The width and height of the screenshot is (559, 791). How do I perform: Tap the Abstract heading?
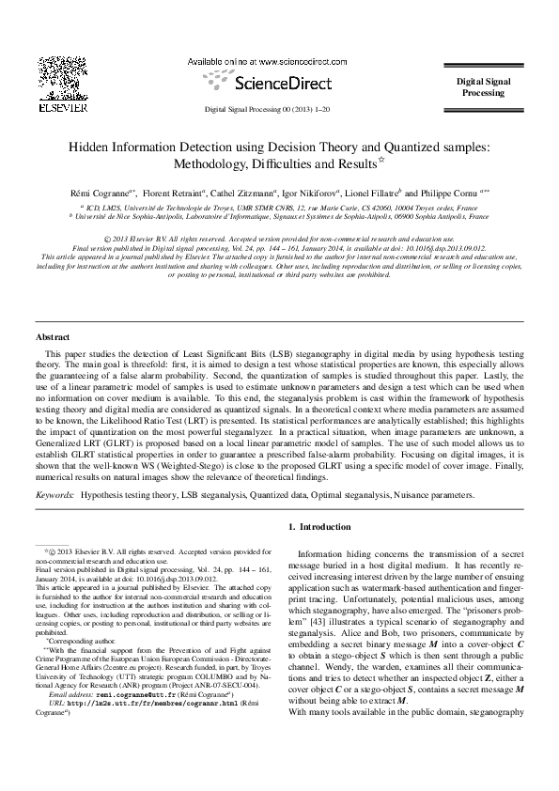[x=53, y=335]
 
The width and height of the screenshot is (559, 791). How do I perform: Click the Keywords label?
[x=54, y=493]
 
